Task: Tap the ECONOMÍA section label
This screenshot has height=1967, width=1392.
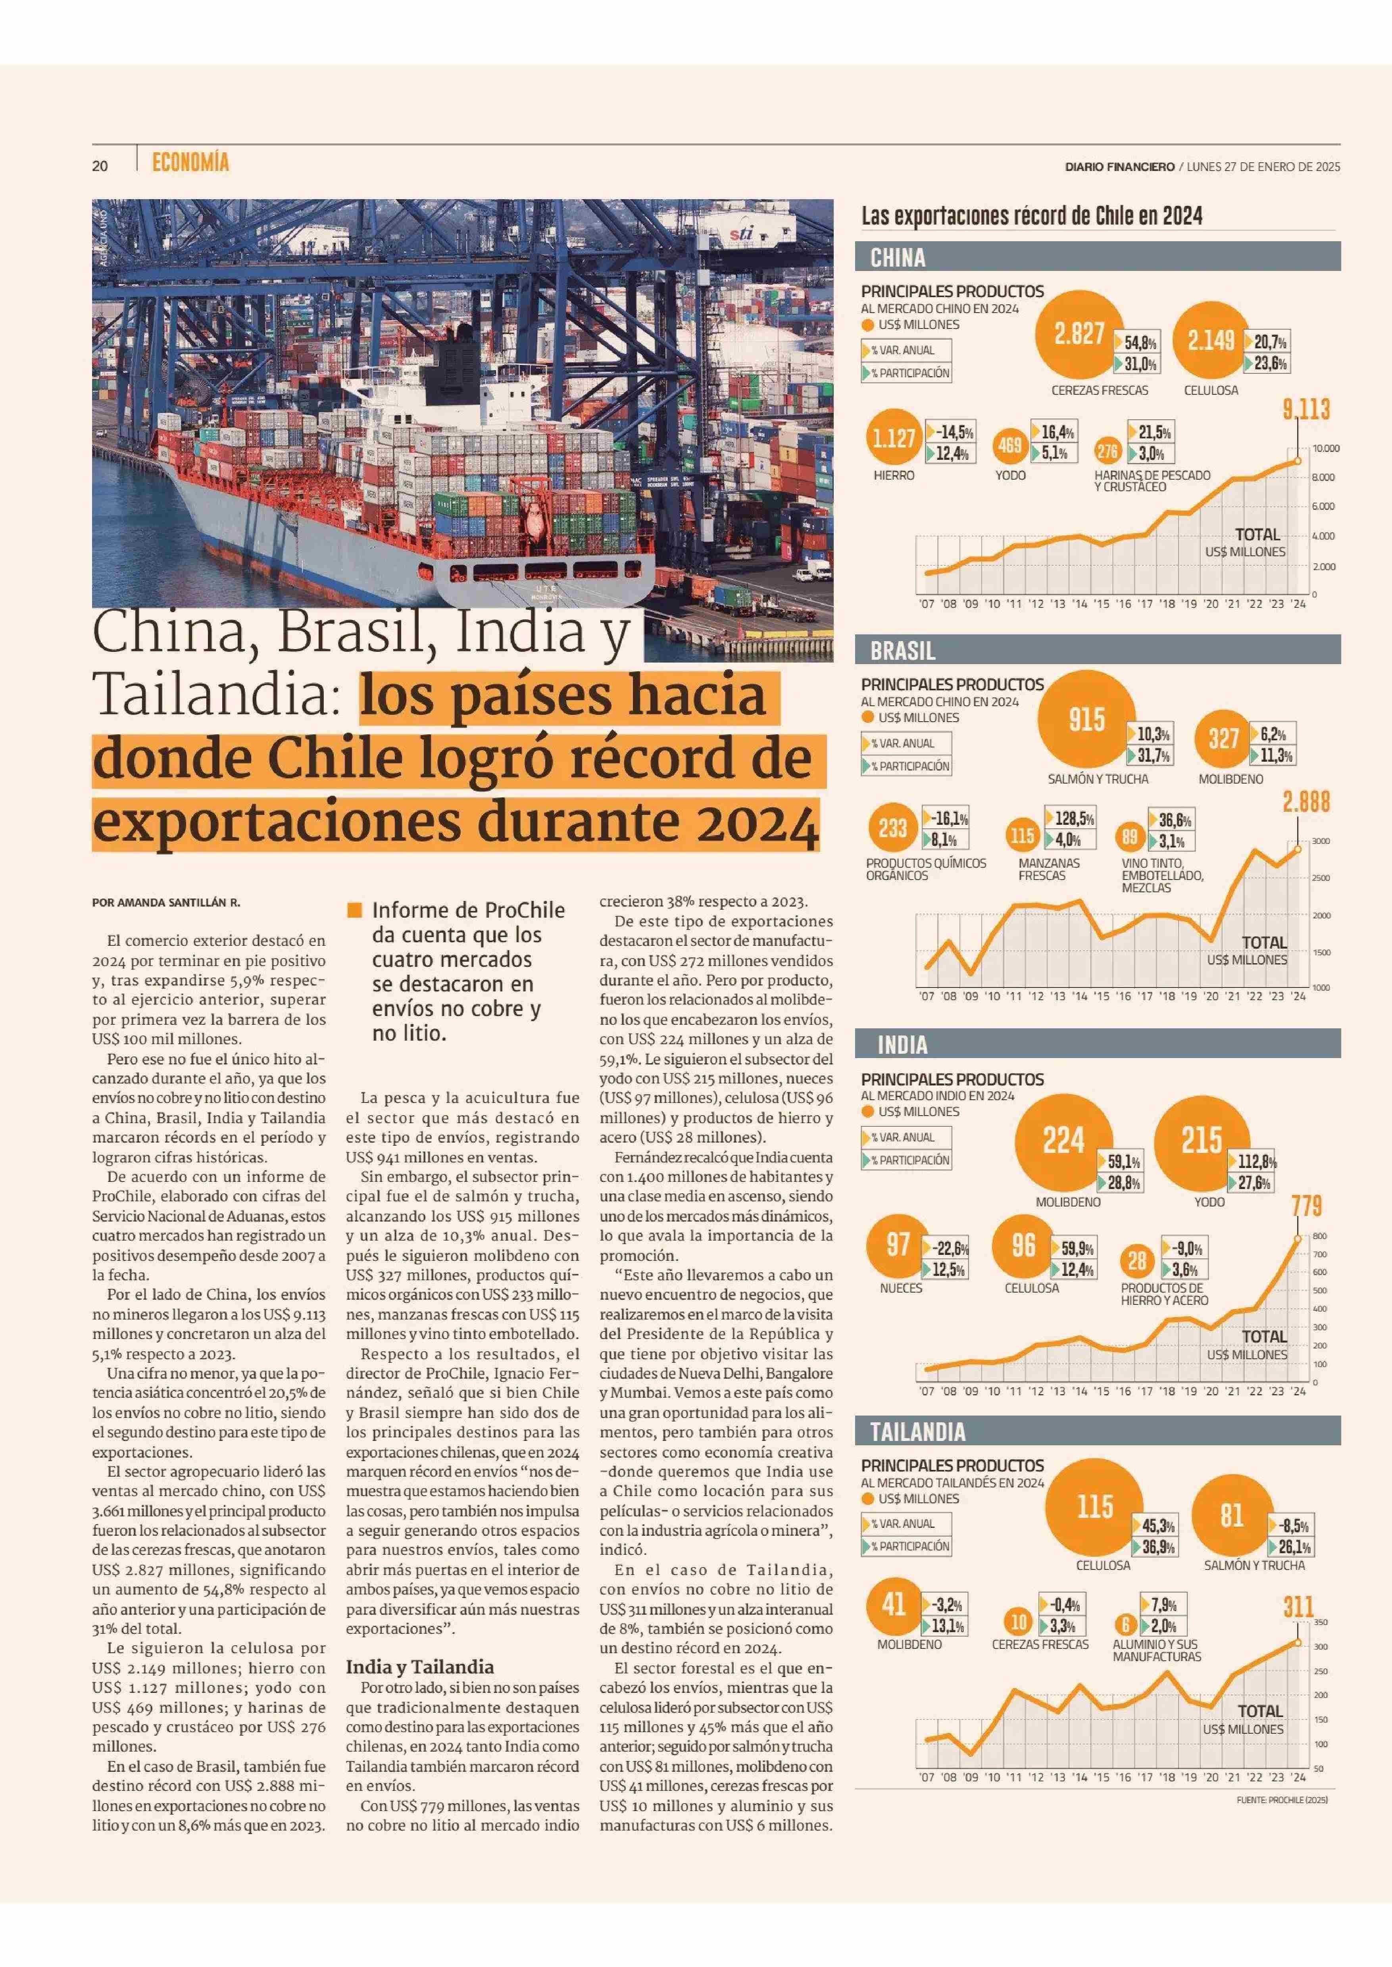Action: click(x=190, y=162)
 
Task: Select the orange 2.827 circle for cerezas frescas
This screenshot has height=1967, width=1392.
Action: click(x=1078, y=333)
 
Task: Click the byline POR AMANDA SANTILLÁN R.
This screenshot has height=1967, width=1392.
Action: click(x=166, y=903)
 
